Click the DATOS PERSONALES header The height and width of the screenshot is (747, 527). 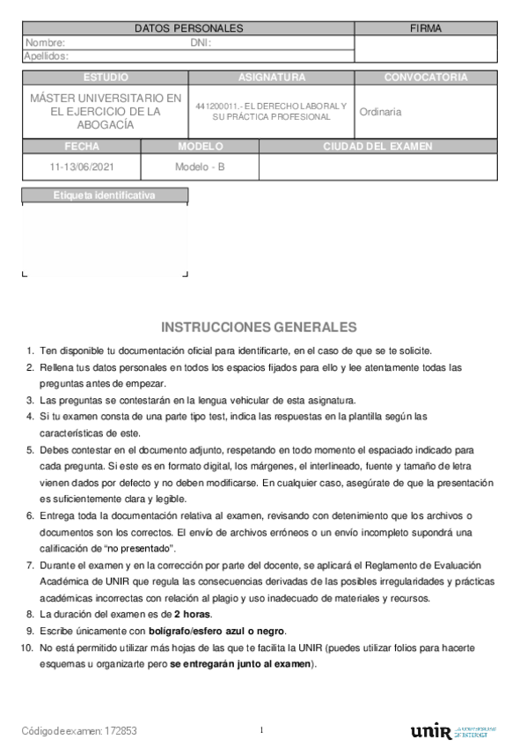point(188,29)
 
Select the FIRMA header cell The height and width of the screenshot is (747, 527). point(426,29)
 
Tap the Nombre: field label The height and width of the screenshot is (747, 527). point(45,42)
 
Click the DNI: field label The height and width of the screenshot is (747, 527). point(201,42)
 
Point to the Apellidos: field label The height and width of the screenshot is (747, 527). point(48,55)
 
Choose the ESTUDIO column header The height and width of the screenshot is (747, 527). point(105,78)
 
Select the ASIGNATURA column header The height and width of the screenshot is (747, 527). point(272,78)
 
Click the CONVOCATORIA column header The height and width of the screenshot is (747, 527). point(426,78)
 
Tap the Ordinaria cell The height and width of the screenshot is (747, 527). point(381,112)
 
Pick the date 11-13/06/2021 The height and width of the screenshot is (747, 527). point(81,166)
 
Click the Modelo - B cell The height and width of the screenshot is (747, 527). point(200,166)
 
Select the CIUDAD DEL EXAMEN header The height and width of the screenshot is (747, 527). point(377,146)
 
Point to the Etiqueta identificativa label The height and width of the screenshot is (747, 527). point(104,195)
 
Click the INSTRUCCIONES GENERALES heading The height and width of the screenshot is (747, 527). point(259,327)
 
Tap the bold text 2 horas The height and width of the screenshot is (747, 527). point(193,613)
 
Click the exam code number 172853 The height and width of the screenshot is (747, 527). point(120,731)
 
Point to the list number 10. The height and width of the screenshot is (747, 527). point(27,647)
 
